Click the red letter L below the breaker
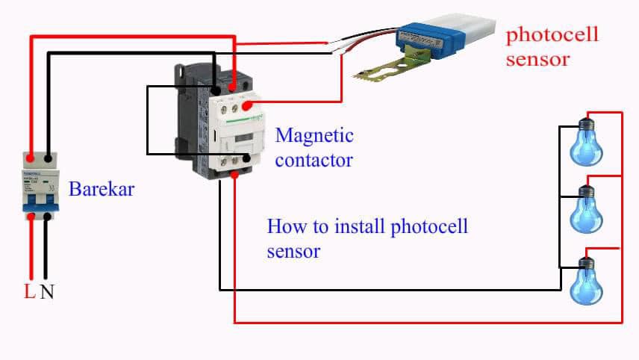tap(30, 291)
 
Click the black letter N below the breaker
tap(47, 291)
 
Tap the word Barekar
tap(102, 189)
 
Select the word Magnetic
tap(314, 135)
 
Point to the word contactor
tap(314, 160)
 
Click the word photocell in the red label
tap(552, 35)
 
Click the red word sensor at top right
tap(537, 60)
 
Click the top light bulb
tap(587, 143)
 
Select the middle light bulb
tap(587, 209)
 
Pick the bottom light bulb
tap(587, 282)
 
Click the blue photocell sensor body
tap(431, 38)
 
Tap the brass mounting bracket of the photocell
tap(391, 66)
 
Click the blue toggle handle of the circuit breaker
tap(41, 204)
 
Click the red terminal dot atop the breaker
tap(30, 158)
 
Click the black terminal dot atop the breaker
tap(48, 158)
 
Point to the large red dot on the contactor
tap(247, 106)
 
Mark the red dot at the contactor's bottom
tap(234, 175)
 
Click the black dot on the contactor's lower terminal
tap(246, 158)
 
